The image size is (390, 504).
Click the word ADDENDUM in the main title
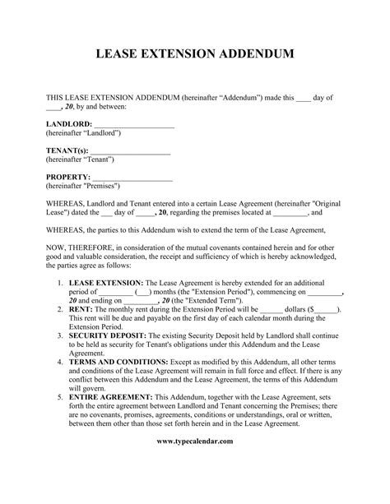click(x=253, y=55)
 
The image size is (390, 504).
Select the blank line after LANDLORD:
click(x=135, y=123)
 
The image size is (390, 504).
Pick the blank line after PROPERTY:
click(x=135, y=178)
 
